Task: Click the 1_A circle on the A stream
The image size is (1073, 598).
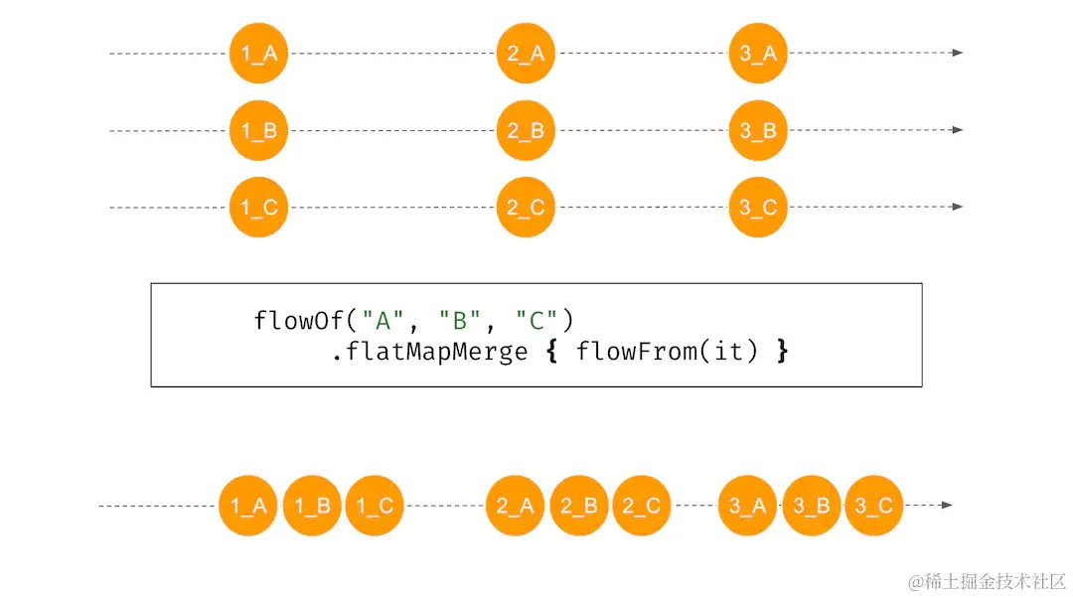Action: point(258,53)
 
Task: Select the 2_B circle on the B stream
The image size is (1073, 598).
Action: point(526,130)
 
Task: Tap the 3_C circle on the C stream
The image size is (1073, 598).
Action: point(758,208)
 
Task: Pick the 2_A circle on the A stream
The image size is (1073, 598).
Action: point(526,53)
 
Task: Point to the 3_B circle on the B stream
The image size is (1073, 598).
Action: point(758,130)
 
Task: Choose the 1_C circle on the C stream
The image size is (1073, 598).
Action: point(258,208)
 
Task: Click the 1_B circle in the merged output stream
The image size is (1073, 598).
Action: point(312,506)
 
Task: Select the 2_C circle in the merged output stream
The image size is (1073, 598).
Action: point(641,506)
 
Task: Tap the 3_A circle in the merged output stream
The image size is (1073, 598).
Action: point(747,506)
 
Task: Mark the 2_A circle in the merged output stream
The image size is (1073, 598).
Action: point(516,506)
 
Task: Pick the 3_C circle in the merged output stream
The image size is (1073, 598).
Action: point(874,506)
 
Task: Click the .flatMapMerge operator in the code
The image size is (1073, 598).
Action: point(429,351)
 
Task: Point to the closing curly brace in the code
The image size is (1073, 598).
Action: point(782,351)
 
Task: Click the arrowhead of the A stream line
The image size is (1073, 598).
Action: point(958,53)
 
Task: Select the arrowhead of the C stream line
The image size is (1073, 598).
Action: point(958,207)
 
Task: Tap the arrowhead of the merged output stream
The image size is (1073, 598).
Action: point(947,506)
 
